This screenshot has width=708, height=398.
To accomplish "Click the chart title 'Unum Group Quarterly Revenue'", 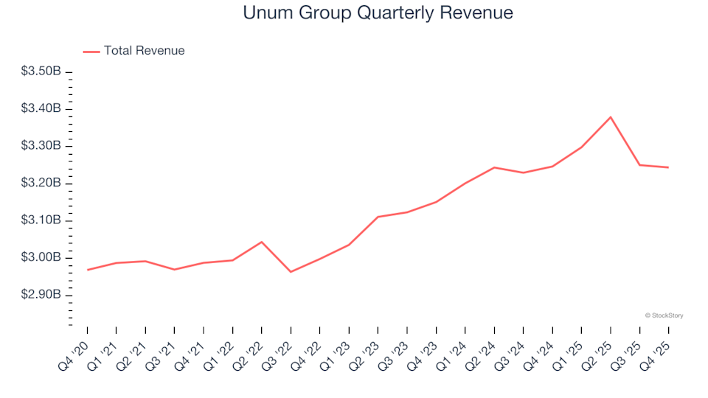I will pyautogui.click(x=377, y=13).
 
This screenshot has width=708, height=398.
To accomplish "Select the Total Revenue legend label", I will pyautogui.click(x=144, y=51).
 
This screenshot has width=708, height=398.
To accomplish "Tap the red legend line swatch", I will pyautogui.click(x=91, y=52).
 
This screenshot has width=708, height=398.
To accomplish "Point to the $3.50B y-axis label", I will pyautogui.click(x=41, y=71).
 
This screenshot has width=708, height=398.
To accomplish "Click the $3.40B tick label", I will pyautogui.click(x=41, y=109).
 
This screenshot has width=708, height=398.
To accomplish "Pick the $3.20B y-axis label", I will pyautogui.click(x=41, y=184).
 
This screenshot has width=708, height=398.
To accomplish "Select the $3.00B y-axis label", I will pyautogui.click(x=41, y=258).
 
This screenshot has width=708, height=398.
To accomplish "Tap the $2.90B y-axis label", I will pyautogui.click(x=41, y=295).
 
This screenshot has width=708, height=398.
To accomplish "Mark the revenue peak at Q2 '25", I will pyautogui.click(x=611, y=117).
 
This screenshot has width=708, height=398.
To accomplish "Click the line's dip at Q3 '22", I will pyautogui.click(x=291, y=272).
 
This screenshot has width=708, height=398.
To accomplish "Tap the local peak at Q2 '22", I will pyautogui.click(x=262, y=242).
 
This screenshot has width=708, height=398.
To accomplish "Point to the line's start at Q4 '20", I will pyautogui.click(x=87, y=270).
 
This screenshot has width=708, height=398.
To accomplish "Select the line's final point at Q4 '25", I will pyautogui.click(x=669, y=167).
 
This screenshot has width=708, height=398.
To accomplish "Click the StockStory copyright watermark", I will pyautogui.click(x=664, y=315).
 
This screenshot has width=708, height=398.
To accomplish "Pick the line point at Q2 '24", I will pyautogui.click(x=494, y=167).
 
